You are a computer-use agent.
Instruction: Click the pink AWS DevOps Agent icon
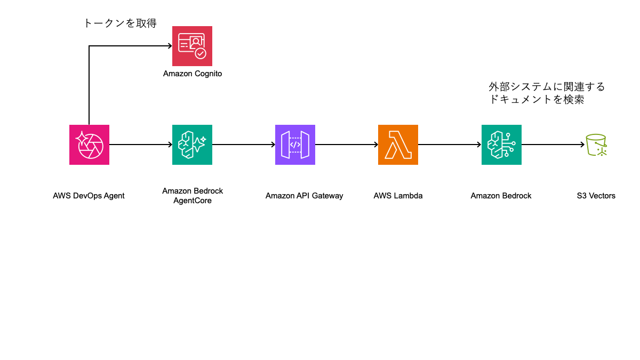[89, 145]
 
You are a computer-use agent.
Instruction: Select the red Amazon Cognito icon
[192, 46]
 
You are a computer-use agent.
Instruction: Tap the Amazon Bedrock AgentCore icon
[192, 145]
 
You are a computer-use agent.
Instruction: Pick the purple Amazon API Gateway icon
[295, 145]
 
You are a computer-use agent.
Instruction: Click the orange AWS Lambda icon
[398, 145]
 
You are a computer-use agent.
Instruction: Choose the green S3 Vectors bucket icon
[596, 145]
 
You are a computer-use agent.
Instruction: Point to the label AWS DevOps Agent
[89, 196]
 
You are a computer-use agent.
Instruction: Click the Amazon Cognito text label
[192, 74]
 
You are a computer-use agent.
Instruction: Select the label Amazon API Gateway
[304, 196]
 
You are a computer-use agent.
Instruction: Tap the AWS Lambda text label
[398, 196]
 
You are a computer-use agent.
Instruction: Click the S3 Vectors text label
[596, 196]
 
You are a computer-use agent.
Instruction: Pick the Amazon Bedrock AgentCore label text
[192, 195]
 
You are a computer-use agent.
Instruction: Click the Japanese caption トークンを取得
[120, 23]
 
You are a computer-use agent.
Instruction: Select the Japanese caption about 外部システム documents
[547, 93]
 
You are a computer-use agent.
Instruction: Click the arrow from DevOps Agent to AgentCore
[141, 145]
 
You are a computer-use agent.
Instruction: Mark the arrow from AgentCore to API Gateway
[244, 145]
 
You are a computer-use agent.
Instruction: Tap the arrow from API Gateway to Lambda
[347, 145]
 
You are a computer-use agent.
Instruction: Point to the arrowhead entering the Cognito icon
[169, 46]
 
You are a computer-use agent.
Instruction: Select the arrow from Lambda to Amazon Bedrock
[450, 145]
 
